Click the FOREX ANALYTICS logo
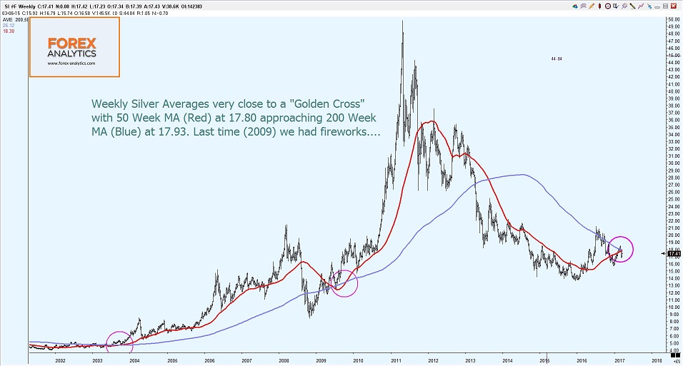[x=74, y=46]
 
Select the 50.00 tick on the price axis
[x=672, y=19]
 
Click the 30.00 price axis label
[x=672, y=163]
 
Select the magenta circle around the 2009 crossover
[x=344, y=283]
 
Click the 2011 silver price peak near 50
[x=402, y=22]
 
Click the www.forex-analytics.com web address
[x=71, y=63]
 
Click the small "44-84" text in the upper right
[x=557, y=59]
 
